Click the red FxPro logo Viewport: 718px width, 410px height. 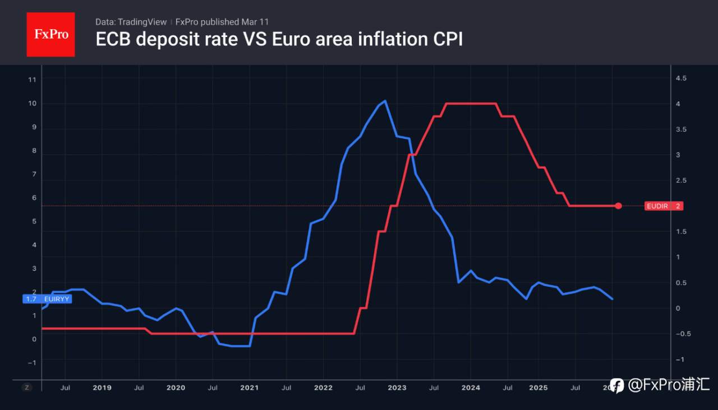point(50,34)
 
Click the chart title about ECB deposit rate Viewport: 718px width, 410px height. point(279,40)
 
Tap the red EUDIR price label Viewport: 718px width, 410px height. point(664,206)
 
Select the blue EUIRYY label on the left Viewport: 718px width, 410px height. point(47,299)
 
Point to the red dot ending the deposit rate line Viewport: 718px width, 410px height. point(618,206)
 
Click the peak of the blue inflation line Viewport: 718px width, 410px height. point(385,101)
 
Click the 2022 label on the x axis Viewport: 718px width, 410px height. point(323,388)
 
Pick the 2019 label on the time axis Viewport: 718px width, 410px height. point(102,388)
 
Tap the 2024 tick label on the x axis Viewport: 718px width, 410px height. point(471,388)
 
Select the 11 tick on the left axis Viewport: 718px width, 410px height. point(32,80)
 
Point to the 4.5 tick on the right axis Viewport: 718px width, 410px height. point(681,78)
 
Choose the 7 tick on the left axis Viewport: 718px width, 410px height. point(34,174)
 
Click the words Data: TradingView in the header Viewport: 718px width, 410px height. point(131,22)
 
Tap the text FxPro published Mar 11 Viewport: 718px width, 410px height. point(222,22)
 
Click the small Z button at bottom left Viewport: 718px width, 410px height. point(26,387)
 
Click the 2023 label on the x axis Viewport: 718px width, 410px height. point(397,388)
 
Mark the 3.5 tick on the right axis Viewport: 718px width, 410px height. point(681,129)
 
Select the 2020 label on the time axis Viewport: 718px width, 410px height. point(176,388)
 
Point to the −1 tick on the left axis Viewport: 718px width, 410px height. point(32,362)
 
